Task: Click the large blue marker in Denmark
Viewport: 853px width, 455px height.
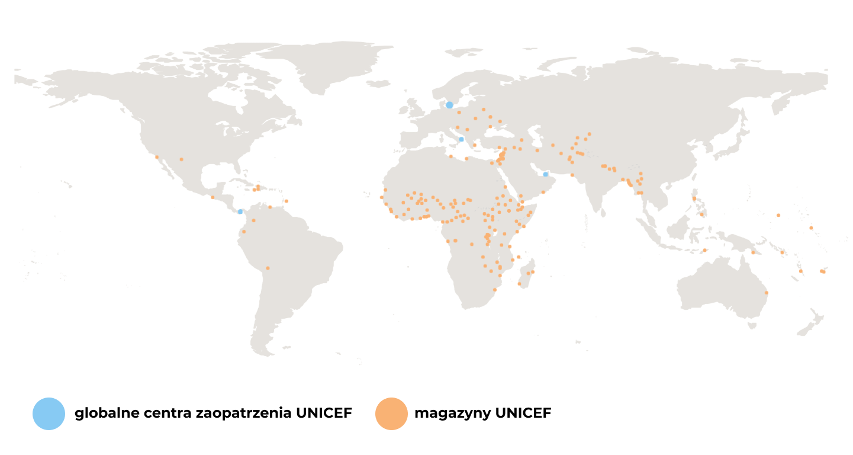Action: (x=449, y=105)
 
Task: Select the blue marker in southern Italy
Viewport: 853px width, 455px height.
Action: (x=461, y=139)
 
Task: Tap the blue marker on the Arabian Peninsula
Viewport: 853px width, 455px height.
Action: (x=545, y=174)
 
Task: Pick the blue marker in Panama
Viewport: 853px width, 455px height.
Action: (x=240, y=212)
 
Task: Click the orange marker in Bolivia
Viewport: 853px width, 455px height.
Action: (x=268, y=268)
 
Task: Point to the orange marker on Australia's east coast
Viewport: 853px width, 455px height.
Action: (x=766, y=293)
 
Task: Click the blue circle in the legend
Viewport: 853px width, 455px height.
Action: (x=49, y=414)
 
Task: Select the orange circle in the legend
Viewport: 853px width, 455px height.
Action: (x=391, y=414)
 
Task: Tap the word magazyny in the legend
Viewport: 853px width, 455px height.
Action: (x=452, y=414)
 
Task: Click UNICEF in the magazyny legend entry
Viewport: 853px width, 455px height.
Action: (x=523, y=414)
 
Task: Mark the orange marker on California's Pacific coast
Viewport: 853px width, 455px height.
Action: (x=157, y=157)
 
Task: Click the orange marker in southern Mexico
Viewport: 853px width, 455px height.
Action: (x=213, y=197)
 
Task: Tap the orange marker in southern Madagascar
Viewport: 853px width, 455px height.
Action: (x=519, y=283)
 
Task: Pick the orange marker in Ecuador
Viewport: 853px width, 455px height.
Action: (x=243, y=232)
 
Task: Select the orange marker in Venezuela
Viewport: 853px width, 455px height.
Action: (x=270, y=207)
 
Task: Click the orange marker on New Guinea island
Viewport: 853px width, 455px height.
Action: (x=753, y=252)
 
